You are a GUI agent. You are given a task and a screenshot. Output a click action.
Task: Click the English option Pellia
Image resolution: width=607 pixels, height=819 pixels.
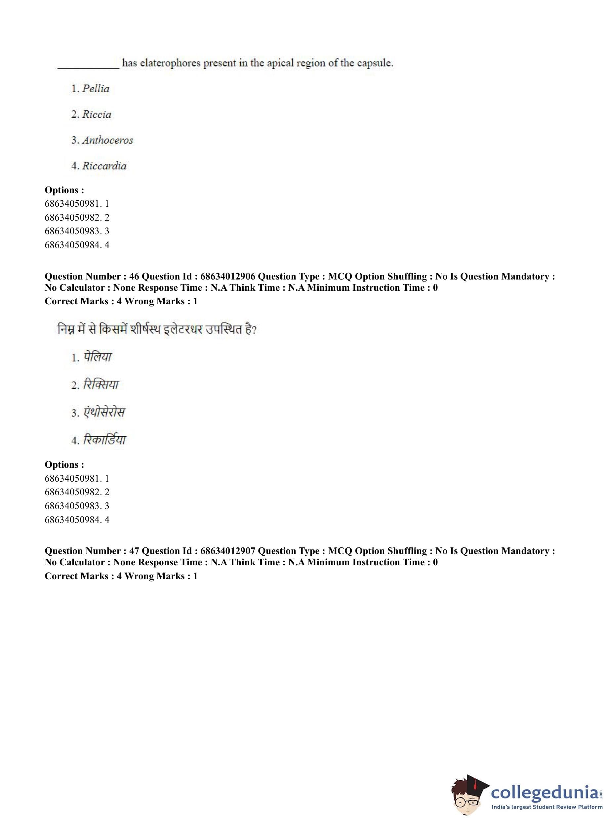(96, 89)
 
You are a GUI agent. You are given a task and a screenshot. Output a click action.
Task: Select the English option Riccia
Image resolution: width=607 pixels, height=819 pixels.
(96, 114)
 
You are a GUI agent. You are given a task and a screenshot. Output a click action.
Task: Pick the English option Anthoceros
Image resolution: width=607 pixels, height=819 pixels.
(107, 140)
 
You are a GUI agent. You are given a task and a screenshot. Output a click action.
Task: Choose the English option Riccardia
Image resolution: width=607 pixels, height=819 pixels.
(104, 166)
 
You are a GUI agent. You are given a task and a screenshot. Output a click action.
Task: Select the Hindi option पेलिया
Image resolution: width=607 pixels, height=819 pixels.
(98, 357)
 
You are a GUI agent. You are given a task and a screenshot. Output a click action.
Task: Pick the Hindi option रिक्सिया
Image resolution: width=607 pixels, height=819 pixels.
(101, 384)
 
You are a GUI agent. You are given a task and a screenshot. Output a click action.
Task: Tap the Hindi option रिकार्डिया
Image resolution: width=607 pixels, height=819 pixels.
(105, 440)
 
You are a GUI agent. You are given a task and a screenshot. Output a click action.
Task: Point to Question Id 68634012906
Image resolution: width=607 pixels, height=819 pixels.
(227, 276)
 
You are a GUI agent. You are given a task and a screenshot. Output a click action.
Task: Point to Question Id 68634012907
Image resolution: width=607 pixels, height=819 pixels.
(227, 551)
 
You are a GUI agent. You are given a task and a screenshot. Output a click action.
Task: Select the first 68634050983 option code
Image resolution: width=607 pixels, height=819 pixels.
(72, 231)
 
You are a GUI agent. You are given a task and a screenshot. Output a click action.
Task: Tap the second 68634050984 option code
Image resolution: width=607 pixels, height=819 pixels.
(72, 519)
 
